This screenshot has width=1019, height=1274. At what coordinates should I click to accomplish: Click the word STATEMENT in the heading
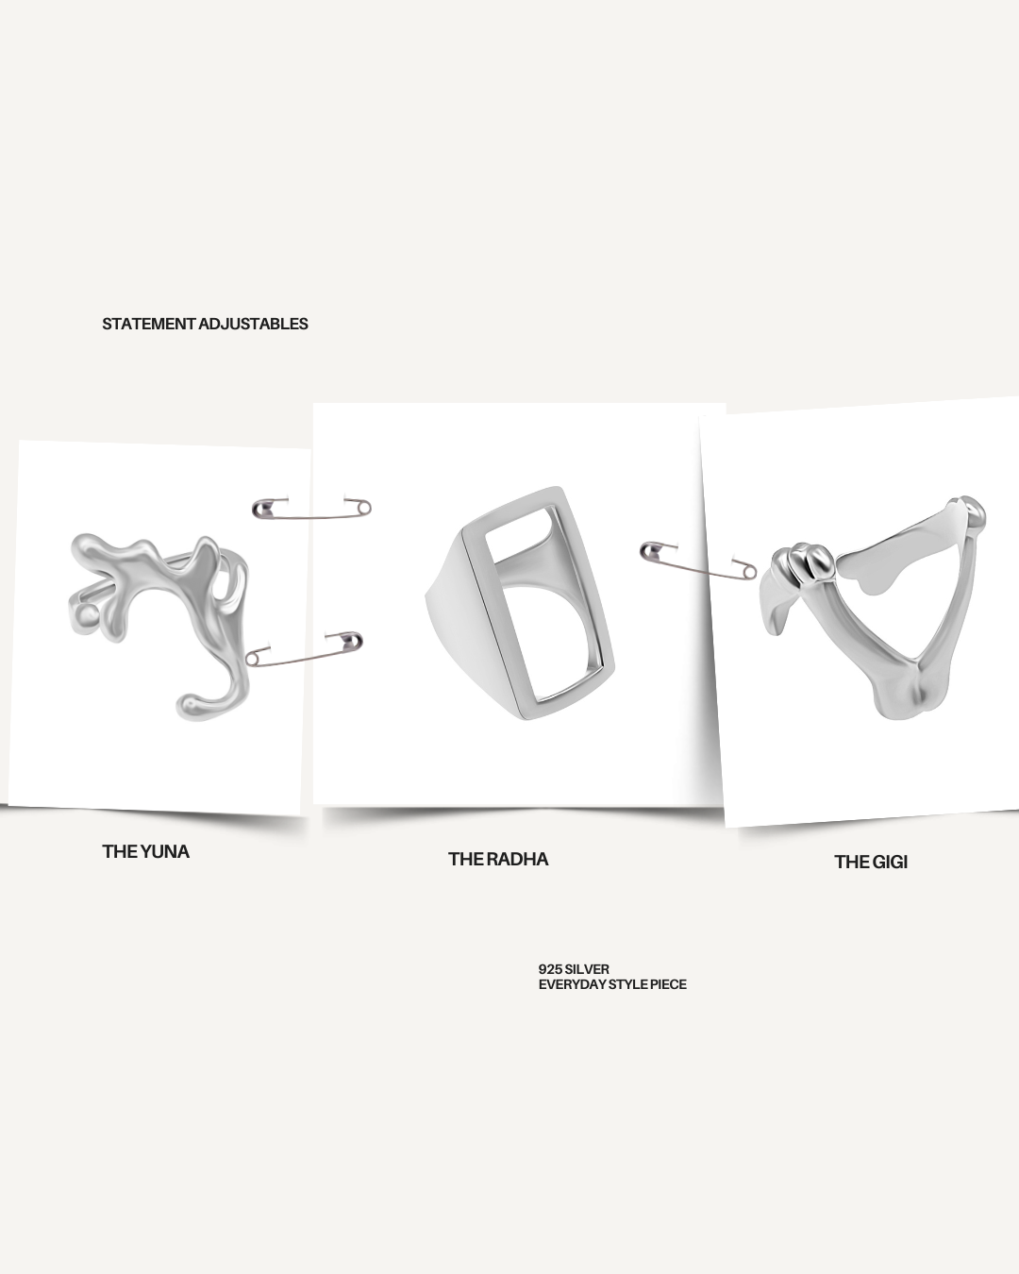tap(149, 324)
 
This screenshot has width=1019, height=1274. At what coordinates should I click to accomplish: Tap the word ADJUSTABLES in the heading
tap(254, 324)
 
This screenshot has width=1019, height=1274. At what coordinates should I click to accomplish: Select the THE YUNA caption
tap(145, 851)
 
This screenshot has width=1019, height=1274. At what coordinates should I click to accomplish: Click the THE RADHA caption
tap(498, 859)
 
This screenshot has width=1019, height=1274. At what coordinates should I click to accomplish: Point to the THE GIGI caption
tap(871, 862)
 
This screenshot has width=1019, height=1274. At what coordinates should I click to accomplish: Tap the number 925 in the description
tap(550, 969)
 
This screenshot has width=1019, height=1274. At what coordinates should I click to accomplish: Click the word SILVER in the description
tap(587, 969)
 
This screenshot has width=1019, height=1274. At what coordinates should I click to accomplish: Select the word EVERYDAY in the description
tap(568, 984)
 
